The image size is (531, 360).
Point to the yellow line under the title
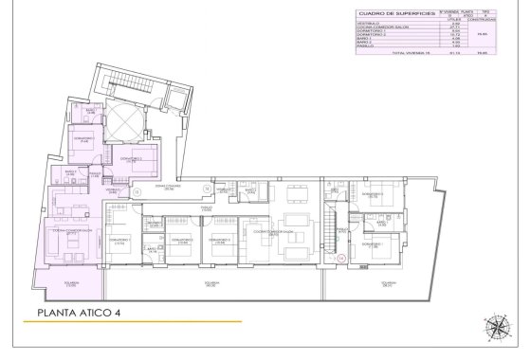tap(133, 323)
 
